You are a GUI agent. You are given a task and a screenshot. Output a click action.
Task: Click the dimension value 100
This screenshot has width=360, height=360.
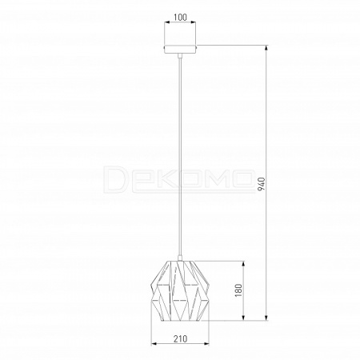coord(180,18)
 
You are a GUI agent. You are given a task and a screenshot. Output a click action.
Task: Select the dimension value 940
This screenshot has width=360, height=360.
coord(262,184)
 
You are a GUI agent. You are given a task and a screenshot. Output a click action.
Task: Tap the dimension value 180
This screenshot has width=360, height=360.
coord(238,290)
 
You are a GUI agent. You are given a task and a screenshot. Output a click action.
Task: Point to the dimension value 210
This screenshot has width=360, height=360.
coord(181,338)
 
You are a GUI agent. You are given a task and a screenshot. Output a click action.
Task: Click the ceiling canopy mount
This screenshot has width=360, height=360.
coord(180,50)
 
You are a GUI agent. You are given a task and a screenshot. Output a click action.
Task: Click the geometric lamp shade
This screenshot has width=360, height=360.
coord(180,290)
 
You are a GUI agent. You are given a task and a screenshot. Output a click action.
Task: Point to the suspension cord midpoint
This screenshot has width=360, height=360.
coord(181,157)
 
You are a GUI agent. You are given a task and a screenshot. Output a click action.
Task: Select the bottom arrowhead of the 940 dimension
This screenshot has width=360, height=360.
coord(266,317)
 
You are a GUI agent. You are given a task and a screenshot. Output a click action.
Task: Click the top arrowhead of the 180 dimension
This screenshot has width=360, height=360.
coord(243,264)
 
